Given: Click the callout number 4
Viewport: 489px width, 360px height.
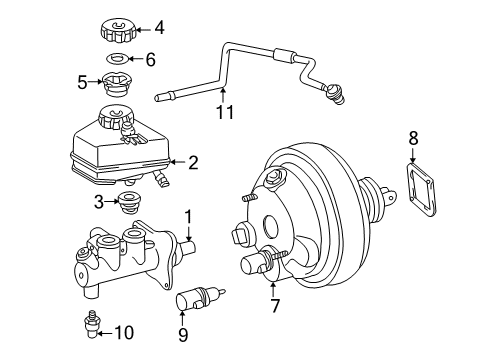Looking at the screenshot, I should (x=159, y=28).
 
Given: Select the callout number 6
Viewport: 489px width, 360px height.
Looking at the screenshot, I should (x=150, y=60).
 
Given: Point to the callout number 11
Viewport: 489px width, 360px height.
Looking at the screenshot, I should (x=226, y=112).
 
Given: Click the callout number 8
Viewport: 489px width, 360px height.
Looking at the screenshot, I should (x=414, y=140).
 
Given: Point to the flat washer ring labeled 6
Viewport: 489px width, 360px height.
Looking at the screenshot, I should (x=118, y=60).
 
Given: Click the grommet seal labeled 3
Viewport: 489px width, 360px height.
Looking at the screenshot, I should (x=126, y=204).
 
